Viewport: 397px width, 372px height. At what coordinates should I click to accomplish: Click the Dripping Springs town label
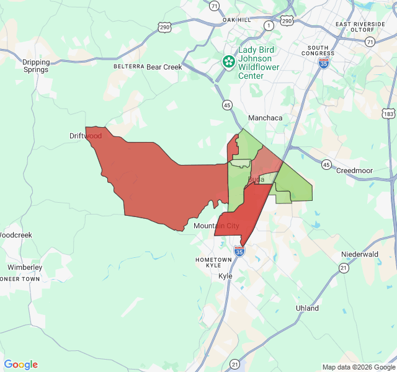35,66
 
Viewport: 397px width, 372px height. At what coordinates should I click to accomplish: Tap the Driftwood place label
86,135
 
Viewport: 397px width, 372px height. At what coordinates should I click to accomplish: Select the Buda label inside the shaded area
256,179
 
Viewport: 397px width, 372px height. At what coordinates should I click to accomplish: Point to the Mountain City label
216,226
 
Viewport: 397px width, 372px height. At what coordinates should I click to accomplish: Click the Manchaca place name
265,118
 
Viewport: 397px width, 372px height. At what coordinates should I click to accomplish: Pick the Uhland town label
307,308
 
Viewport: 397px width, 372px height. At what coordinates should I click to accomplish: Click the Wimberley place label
25,267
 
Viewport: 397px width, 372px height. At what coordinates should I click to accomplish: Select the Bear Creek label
164,66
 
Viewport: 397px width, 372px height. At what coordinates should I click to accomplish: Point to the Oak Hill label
237,20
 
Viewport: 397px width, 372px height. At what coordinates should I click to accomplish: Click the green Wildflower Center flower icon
229,61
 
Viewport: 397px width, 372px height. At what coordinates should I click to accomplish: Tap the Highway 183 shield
388,114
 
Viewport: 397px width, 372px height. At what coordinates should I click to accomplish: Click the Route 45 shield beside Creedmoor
326,165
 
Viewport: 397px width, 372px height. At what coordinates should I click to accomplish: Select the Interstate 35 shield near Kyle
239,250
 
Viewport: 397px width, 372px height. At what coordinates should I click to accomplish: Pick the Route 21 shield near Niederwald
344,267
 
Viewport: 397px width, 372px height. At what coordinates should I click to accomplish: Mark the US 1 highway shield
269,25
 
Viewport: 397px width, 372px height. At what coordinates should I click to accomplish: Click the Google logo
21,365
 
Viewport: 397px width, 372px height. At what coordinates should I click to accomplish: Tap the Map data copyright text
359,367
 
